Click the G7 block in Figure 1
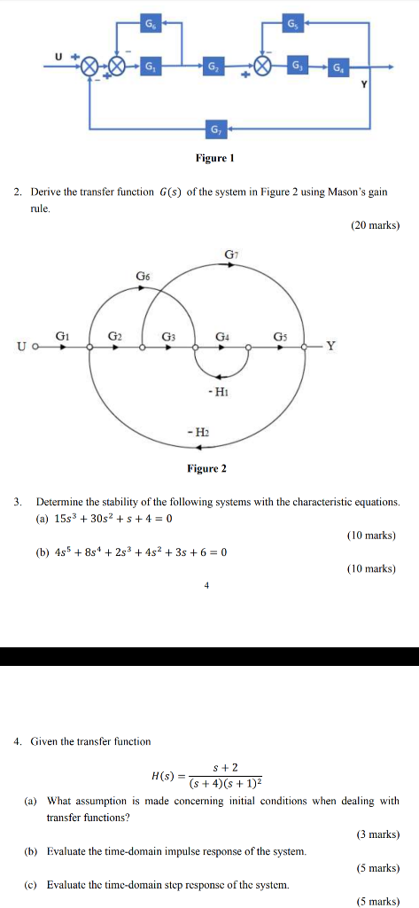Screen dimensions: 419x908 tap(213, 130)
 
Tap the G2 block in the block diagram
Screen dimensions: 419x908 tap(213, 67)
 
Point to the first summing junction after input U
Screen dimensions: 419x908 tap(90, 67)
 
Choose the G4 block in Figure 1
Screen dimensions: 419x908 tap(338, 67)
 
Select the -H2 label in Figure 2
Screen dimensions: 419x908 tap(198, 430)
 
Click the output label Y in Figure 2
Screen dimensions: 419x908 tap(330, 347)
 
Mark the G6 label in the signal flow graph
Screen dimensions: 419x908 tap(143, 277)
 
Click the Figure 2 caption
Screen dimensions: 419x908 tap(206, 468)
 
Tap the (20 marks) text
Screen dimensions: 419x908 tap(375, 226)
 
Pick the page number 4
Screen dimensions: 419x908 tap(206, 585)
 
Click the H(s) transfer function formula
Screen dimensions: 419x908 tap(209, 775)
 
